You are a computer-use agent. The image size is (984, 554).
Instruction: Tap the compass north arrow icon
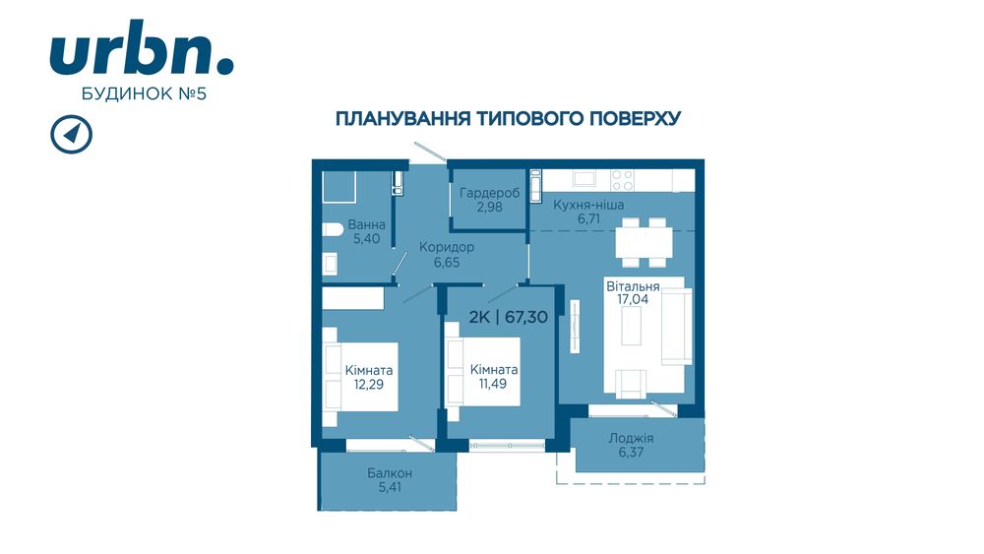(70, 135)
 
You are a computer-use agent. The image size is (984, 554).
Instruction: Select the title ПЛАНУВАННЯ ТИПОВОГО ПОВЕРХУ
(509, 119)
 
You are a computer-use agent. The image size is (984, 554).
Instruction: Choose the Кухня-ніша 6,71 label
(588, 212)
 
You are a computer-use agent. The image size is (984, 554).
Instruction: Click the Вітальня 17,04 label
(632, 292)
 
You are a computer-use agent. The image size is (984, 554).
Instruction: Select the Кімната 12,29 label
(369, 377)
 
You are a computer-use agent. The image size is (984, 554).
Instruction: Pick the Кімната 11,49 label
(494, 376)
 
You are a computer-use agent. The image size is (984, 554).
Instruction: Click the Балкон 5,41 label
(390, 480)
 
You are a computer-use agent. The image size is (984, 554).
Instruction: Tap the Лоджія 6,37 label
(631, 446)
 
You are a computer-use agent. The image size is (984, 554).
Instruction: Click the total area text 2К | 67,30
(508, 316)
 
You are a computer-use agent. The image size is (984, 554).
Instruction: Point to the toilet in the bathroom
(331, 230)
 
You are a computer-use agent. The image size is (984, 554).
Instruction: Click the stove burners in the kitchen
(622, 180)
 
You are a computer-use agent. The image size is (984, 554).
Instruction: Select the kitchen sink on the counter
(584, 179)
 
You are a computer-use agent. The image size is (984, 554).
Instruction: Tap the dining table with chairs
(642, 242)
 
